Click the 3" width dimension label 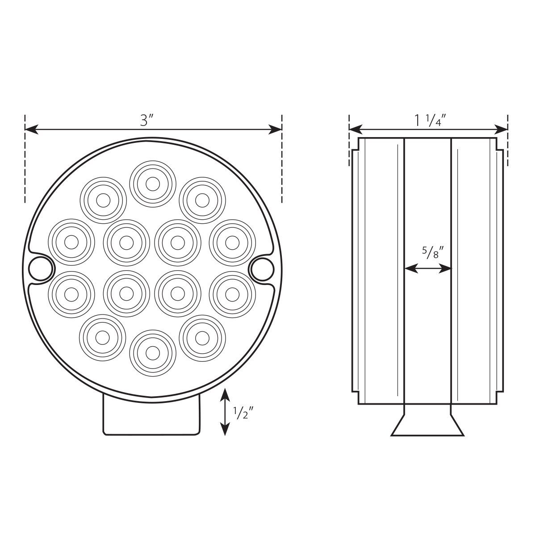[147, 121]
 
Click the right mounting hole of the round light [262, 268]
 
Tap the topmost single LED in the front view [152, 183]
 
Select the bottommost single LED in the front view [152, 353]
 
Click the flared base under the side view [427, 424]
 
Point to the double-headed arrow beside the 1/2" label [226, 412]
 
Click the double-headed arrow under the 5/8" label [428, 268]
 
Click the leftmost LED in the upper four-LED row [71, 242]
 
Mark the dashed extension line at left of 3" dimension [25, 170]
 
